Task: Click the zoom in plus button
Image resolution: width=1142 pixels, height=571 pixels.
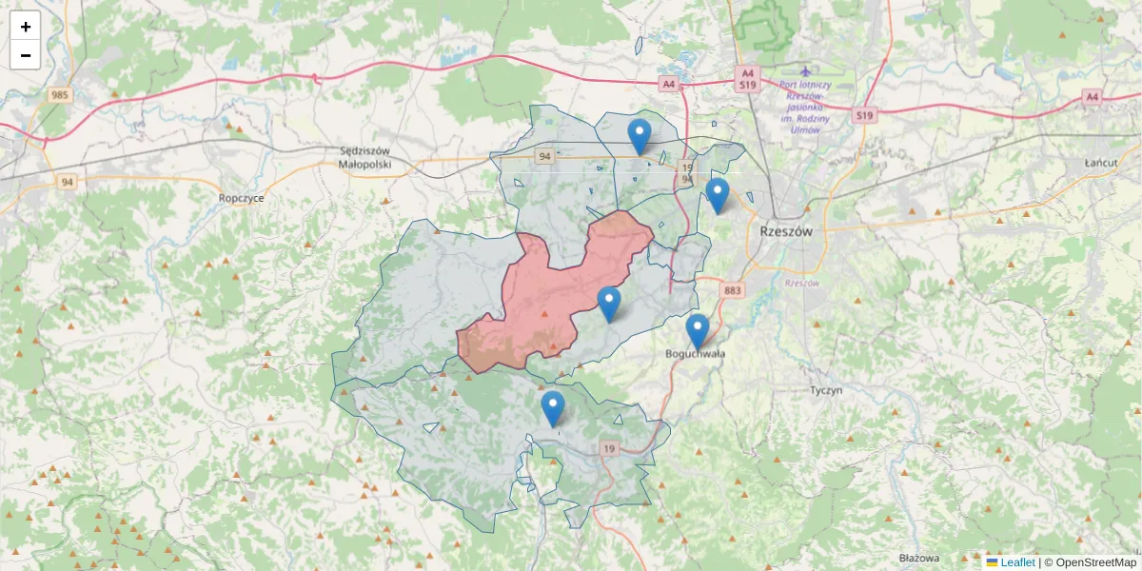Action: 26,27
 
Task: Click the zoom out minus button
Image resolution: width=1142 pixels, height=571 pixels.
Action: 26,55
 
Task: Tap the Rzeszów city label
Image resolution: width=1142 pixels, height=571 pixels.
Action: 787,231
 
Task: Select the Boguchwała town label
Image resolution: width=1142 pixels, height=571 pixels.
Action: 696,354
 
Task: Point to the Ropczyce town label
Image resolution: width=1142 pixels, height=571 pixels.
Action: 241,198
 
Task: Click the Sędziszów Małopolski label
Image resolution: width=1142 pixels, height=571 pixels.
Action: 364,157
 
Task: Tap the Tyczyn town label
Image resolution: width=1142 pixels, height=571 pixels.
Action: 827,391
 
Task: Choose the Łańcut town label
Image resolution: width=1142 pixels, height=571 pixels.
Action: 1099,164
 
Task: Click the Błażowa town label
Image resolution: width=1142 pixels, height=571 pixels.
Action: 918,558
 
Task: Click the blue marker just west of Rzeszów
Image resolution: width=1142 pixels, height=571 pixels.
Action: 718,195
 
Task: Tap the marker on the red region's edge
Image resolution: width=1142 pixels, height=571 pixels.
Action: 609,304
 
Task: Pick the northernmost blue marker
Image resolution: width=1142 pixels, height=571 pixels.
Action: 640,136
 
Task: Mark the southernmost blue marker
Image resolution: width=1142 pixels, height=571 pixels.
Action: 552,408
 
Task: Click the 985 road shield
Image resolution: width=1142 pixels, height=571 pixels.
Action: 61,94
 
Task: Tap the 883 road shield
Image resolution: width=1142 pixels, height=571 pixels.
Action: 732,290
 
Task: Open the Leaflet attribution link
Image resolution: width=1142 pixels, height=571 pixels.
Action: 1017,562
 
